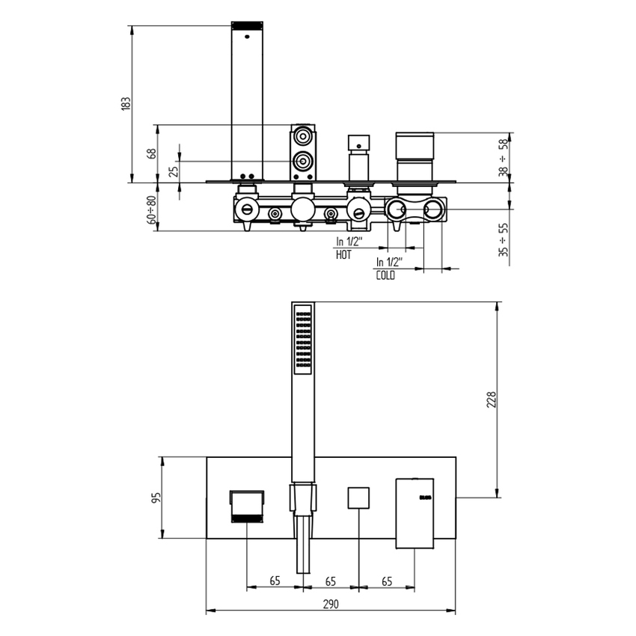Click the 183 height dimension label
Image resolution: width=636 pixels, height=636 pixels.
126,102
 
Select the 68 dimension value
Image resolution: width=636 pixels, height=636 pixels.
151,153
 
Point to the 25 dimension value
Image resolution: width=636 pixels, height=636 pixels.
174,171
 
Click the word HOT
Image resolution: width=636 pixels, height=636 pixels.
343,254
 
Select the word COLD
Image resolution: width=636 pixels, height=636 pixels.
385,275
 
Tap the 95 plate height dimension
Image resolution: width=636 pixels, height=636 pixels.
156,498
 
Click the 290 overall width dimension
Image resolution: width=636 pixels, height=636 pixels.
331,604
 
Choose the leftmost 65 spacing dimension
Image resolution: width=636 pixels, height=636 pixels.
274,581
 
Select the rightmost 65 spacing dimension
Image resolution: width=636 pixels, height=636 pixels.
387,581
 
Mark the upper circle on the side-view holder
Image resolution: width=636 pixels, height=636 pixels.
303,137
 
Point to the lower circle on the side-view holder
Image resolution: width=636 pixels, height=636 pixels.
303,161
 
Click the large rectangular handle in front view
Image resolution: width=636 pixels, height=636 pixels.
415,513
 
